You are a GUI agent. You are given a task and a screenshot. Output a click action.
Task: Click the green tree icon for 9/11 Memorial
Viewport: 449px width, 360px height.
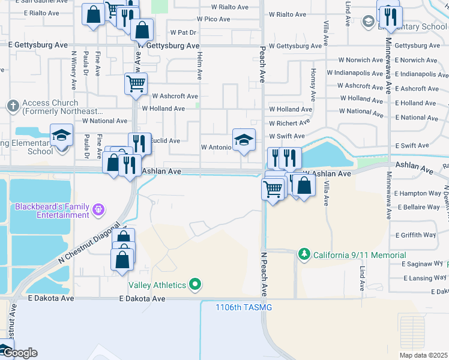[x=304, y=255]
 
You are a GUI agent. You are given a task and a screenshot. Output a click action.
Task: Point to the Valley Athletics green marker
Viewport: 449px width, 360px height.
[x=194, y=285]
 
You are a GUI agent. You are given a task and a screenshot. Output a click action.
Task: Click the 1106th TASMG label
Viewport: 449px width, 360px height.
[x=244, y=308]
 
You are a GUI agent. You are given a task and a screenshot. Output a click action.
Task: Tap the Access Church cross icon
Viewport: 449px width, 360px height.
[x=12, y=106]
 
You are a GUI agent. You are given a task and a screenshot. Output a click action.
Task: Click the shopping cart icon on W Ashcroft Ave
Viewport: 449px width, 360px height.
[x=136, y=84]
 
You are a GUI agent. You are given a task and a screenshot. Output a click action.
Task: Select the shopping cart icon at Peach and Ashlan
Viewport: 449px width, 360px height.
[x=273, y=190]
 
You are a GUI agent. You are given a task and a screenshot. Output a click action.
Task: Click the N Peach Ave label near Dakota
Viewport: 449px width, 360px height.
[x=263, y=274]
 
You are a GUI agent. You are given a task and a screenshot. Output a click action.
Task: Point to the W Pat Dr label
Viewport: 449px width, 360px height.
[x=184, y=32]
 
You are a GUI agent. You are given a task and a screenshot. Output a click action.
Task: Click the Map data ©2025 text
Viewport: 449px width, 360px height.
[x=423, y=355]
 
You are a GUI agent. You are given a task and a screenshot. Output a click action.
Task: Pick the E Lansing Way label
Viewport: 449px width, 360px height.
[x=425, y=278]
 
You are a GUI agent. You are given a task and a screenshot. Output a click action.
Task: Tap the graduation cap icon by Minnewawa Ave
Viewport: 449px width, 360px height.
[x=368, y=22]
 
